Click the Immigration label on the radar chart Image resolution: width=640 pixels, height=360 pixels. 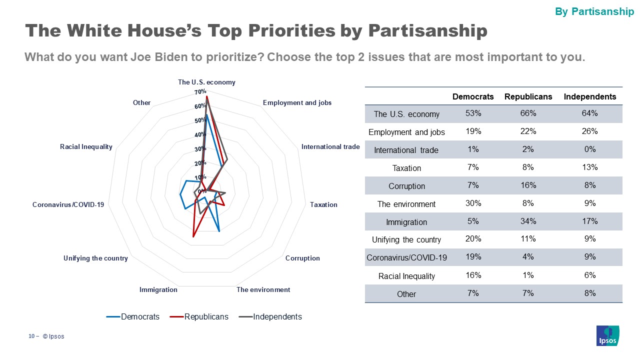pyautogui.click(x=158, y=289)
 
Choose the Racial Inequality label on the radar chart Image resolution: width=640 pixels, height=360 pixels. pyautogui.click(x=86, y=146)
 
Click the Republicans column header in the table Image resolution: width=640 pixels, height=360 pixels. pyautogui.click(x=528, y=96)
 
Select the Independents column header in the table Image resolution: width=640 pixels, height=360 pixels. pyautogui.click(x=590, y=96)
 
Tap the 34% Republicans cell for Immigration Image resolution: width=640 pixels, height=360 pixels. pyautogui.click(x=528, y=221)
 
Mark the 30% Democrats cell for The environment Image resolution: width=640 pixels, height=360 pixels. pyautogui.click(x=473, y=203)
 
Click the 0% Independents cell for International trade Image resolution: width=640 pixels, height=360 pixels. pyautogui.click(x=590, y=149)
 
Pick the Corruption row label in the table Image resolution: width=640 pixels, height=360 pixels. pyautogui.click(x=406, y=186)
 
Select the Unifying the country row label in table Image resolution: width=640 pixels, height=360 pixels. pyautogui.click(x=406, y=239)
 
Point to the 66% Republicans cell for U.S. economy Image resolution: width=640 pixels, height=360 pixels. pyautogui.click(x=528, y=113)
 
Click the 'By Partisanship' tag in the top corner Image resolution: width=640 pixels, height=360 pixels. pyautogui.click(x=594, y=11)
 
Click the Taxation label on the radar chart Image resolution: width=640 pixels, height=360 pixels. pyautogui.click(x=323, y=204)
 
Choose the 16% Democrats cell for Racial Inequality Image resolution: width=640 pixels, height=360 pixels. pyautogui.click(x=473, y=275)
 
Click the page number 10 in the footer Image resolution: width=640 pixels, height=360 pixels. pyautogui.click(x=31, y=336)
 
